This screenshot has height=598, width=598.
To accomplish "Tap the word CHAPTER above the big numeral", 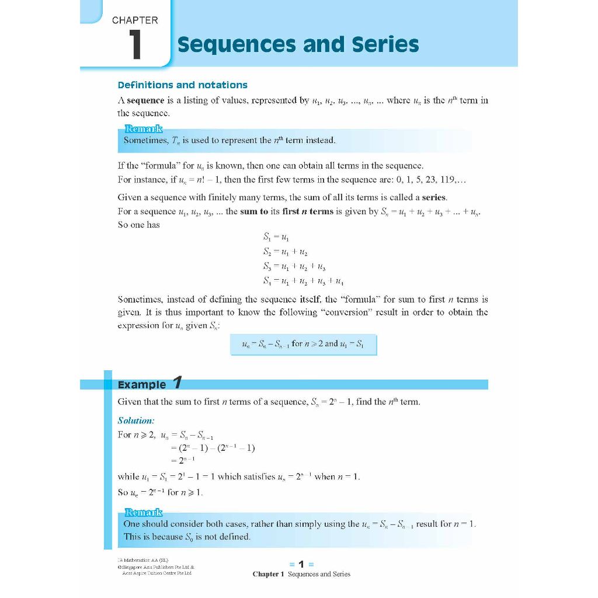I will (135, 20).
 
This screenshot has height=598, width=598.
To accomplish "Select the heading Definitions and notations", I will (182, 85).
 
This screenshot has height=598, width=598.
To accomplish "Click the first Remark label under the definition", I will (143, 129).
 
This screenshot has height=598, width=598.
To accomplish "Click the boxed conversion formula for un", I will (304, 344).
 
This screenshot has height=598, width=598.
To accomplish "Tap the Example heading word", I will (142, 384).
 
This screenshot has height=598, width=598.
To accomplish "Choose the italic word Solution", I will (136, 420).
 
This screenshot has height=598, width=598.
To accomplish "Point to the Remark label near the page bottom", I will (143, 513).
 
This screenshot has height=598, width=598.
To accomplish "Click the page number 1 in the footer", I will (301, 564).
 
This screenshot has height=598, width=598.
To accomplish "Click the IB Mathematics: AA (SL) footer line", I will (143, 561).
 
